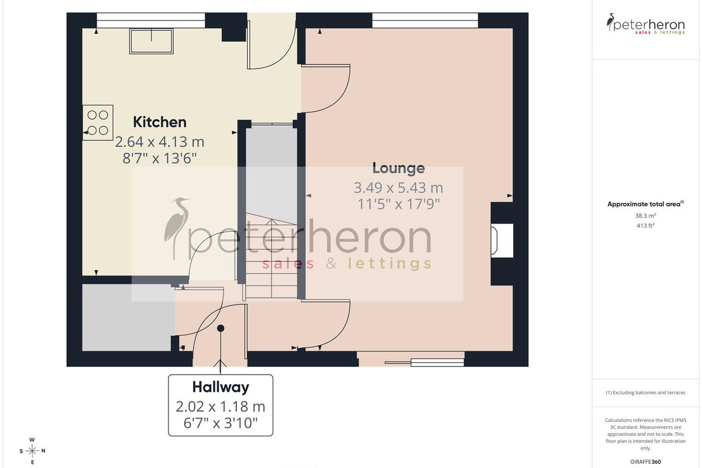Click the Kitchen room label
click(160, 122)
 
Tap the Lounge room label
click(398, 168)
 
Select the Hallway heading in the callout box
click(221, 387)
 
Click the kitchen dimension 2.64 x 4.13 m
click(160, 142)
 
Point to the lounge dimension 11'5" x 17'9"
click(398, 204)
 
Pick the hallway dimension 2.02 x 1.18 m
click(221, 407)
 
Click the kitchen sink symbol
click(152, 41)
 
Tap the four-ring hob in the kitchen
click(98, 123)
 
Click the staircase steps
click(271, 256)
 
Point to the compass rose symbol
click(32, 451)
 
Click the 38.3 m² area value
click(646, 216)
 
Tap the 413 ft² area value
click(646, 225)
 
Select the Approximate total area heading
click(646, 204)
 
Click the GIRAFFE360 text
click(646, 462)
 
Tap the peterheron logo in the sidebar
click(646, 24)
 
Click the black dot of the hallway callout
click(221, 328)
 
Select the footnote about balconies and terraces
click(646, 393)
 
